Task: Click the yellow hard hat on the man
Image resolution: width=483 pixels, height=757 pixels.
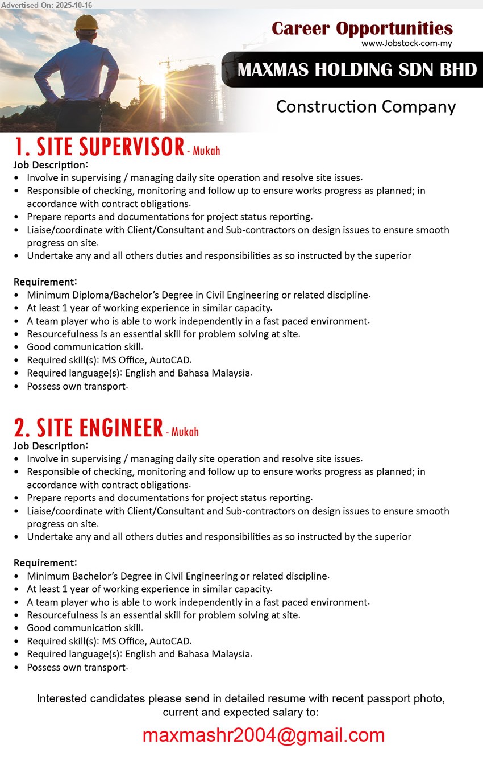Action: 87,22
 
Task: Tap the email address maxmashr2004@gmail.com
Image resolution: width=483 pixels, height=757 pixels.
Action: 263,735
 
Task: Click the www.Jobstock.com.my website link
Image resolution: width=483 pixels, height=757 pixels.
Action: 407,43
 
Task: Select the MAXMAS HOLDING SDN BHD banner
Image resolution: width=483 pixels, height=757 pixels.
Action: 357,69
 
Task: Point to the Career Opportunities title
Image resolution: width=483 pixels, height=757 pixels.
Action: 362,28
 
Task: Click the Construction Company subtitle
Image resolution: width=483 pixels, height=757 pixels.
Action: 365,106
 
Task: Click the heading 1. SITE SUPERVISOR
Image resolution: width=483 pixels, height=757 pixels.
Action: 99,147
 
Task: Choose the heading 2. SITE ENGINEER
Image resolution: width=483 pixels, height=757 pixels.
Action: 89,428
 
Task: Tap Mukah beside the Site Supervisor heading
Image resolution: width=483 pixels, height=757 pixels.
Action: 206,151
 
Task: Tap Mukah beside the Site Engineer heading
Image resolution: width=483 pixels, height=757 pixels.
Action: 185,432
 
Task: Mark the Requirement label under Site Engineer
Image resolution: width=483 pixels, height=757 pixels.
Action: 45,562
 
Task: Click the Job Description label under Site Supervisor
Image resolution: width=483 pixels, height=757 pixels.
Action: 51,165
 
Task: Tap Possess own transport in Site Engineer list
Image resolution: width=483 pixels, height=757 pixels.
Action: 77,667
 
